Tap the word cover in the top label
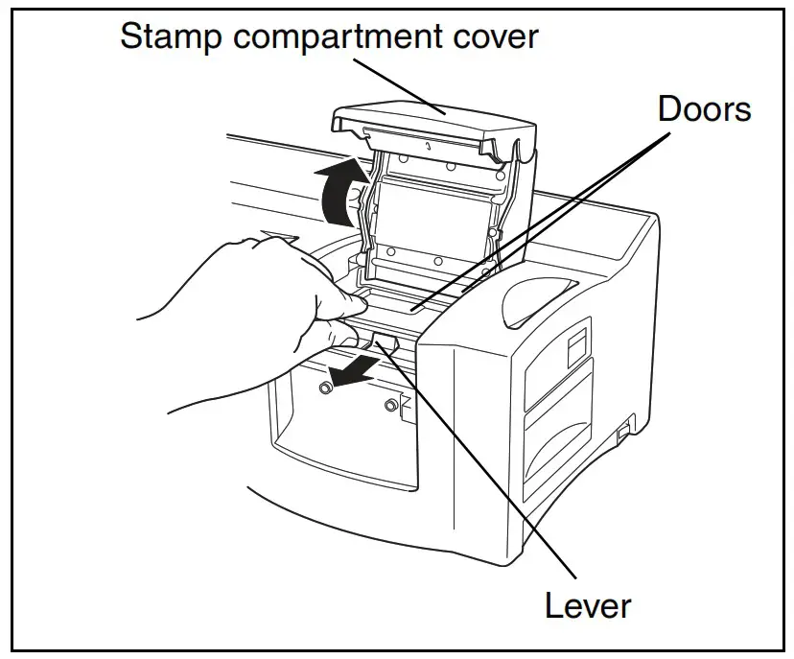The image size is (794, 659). tap(495, 37)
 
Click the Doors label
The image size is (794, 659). tap(705, 109)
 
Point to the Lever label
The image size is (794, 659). tap(588, 605)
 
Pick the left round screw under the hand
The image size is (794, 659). tap(326, 386)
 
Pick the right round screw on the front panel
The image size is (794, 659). tap(390, 405)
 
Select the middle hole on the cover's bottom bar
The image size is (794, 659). tap(437, 261)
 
